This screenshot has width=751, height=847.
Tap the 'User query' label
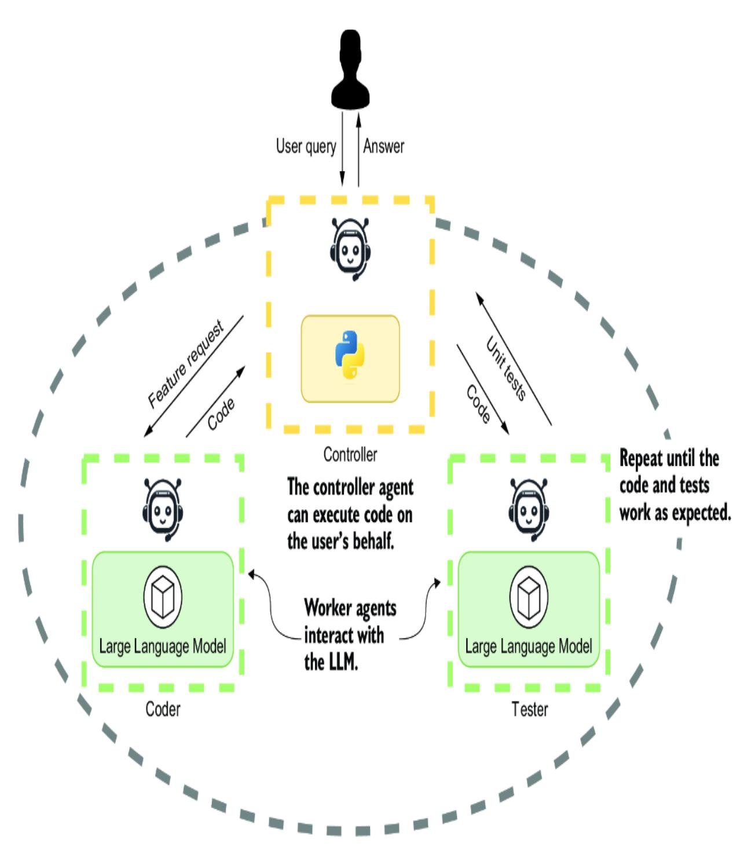point(306,146)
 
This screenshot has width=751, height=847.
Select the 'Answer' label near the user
point(383,146)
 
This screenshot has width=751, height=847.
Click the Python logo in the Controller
point(350,355)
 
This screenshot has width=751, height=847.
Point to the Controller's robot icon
point(350,249)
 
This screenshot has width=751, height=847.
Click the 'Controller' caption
point(350,455)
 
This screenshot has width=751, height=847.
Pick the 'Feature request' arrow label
point(186,366)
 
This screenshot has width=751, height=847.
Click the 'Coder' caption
point(163,709)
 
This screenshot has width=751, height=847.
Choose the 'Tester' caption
point(529,709)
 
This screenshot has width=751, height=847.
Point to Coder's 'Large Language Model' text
point(163,646)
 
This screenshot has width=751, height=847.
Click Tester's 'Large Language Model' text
point(528,646)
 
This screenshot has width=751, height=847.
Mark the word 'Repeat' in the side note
point(641,459)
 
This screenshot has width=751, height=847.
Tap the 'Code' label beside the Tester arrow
point(478,404)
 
